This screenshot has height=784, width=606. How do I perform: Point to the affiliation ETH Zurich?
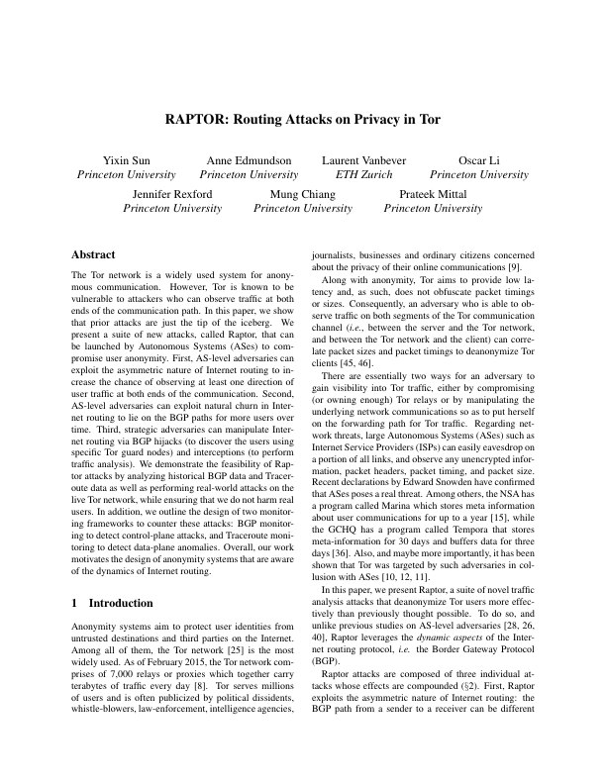click(x=363, y=174)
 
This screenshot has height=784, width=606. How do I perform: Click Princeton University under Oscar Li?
click(x=479, y=174)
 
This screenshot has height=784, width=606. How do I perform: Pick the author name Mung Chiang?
click(x=303, y=194)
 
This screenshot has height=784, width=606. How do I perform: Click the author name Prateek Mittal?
click(x=433, y=194)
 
